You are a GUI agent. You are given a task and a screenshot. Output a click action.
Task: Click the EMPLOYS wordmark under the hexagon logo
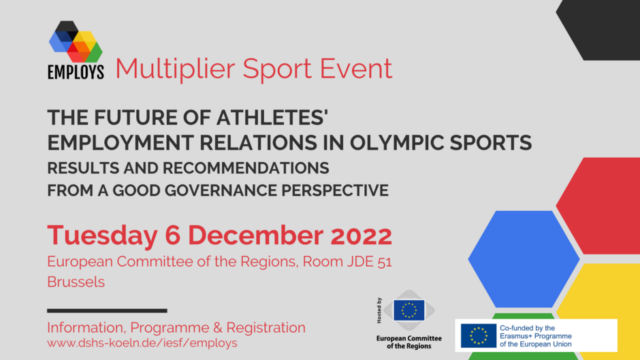[76, 72]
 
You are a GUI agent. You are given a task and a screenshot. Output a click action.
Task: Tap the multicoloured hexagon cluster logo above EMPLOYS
[76, 42]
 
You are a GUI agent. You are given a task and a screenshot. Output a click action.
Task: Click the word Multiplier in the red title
[175, 69]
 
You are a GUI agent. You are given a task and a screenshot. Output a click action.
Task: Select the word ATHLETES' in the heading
[272, 118]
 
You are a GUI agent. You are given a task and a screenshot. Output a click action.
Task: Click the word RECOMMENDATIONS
[246, 168]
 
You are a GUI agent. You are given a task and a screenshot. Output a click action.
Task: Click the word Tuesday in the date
[102, 235]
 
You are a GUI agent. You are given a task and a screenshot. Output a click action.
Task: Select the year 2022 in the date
[362, 235]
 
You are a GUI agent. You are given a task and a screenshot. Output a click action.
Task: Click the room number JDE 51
[370, 261]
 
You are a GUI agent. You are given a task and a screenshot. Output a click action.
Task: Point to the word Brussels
[76, 282]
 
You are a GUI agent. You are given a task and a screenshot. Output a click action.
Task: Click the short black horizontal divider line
[107, 311]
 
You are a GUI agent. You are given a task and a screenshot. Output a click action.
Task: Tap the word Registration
[266, 328]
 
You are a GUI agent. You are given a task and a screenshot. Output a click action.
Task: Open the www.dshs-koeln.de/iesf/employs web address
[142, 343]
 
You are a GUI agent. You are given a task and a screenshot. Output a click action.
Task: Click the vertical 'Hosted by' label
[379, 310]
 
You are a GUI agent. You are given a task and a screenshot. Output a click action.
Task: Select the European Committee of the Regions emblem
[409, 310]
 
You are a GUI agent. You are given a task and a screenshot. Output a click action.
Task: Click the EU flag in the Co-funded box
[479, 336]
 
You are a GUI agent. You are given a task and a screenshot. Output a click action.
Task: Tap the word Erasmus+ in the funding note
[516, 336]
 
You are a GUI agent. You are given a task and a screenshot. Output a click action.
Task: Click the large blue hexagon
[524, 259]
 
